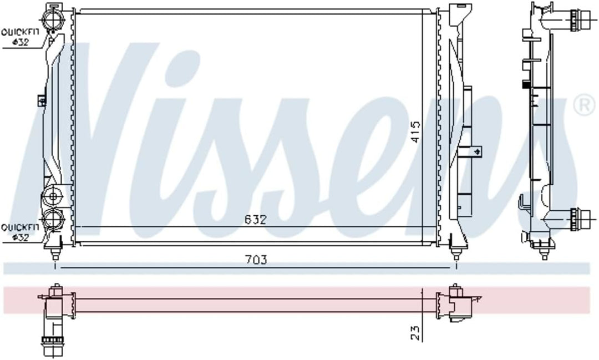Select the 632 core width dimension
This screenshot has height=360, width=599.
click(x=256, y=220)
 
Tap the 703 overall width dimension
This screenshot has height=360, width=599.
click(x=256, y=259)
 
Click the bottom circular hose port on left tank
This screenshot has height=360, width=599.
click(x=54, y=218)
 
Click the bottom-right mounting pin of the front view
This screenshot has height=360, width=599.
click(x=456, y=254)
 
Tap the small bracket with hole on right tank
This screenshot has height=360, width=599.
click(x=476, y=150)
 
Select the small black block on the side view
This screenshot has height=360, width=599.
click(x=524, y=85)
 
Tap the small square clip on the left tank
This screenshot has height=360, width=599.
click(x=41, y=100)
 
